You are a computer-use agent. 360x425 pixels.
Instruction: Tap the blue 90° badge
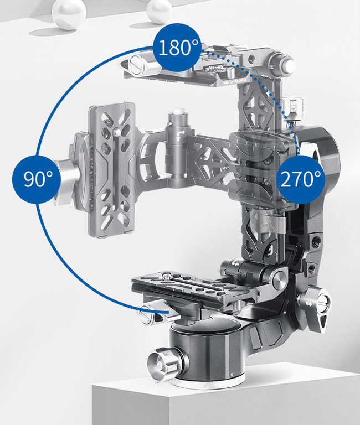[x=37, y=179]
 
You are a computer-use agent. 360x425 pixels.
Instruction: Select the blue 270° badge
[x=301, y=179]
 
